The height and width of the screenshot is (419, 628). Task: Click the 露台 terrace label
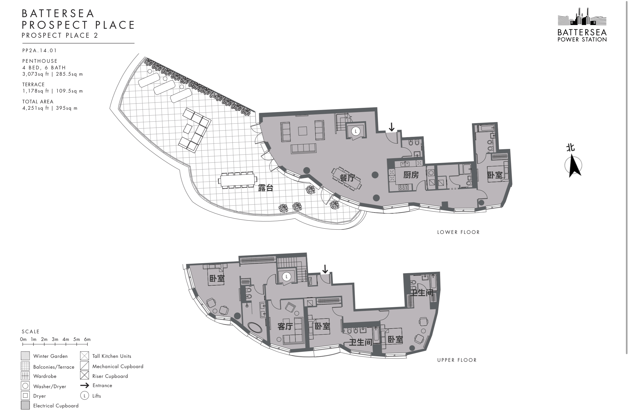[266, 188]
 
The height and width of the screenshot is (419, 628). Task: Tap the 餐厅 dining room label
[347, 178]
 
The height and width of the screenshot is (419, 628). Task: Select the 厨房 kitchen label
[411, 175]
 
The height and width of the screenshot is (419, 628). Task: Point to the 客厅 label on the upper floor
[285, 326]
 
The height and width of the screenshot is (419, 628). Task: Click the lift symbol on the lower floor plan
[356, 131]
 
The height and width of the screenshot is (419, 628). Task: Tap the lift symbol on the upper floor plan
[287, 277]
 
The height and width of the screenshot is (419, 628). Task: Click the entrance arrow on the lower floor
[391, 127]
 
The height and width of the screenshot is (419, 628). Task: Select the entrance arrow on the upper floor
[325, 269]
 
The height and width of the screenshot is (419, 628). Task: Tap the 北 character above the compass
[571, 148]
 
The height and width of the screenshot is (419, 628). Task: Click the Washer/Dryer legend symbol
[25, 386]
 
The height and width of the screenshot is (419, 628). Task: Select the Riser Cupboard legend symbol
[84, 375]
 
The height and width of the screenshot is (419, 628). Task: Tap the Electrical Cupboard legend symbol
[25, 405]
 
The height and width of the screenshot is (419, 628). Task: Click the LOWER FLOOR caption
[458, 232]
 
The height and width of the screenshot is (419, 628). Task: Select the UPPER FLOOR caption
[457, 360]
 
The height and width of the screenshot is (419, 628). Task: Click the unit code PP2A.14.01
[40, 51]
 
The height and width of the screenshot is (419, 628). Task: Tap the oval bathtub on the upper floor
[255, 327]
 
